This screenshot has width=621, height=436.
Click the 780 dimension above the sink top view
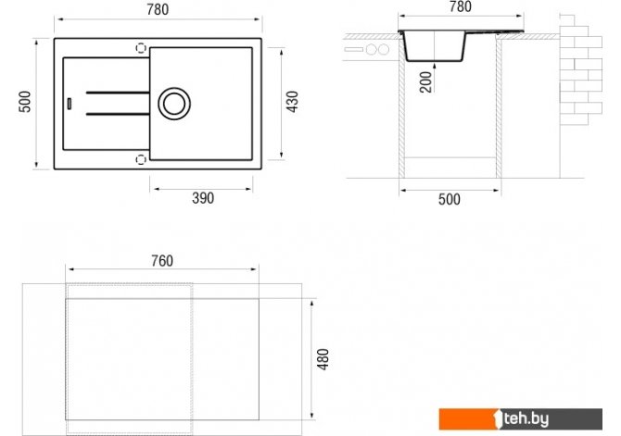pyautogui.click(x=158, y=9)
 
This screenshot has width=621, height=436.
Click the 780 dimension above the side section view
pyautogui.click(x=461, y=6)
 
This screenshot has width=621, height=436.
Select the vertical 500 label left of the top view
pyautogui.click(x=25, y=102)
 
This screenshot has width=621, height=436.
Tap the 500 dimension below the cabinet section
pyautogui.click(x=450, y=199)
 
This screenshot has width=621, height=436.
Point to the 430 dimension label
pyautogui.click(x=292, y=102)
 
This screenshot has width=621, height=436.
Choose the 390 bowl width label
pyautogui.click(x=203, y=198)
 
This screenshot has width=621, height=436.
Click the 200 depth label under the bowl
pyautogui.click(x=425, y=81)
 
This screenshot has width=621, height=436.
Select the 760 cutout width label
pyautogui.click(x=162, y=261)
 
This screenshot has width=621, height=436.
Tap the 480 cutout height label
pyautogui.click(x=323, y=359)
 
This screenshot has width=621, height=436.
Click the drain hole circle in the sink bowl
pyautogui.click(x=174, y=88)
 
